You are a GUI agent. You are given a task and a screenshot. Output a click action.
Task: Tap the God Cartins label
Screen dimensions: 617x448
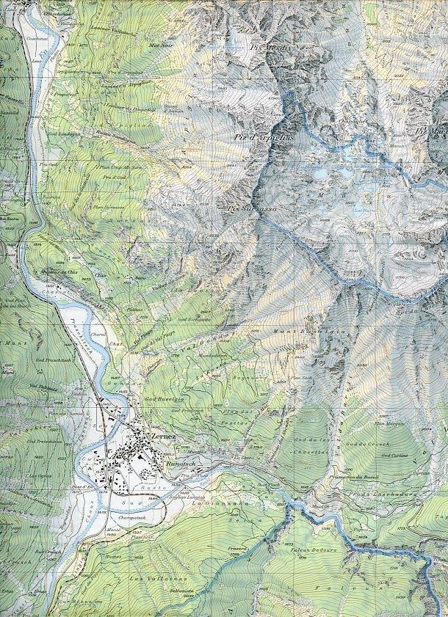(x=397, y=454)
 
